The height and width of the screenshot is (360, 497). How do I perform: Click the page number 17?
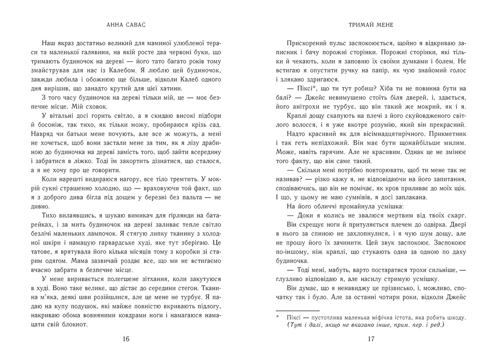pos(371,340)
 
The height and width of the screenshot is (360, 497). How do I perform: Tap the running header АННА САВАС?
pos(126,25)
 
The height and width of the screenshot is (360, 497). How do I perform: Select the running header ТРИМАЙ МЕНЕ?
pos(371,25)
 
